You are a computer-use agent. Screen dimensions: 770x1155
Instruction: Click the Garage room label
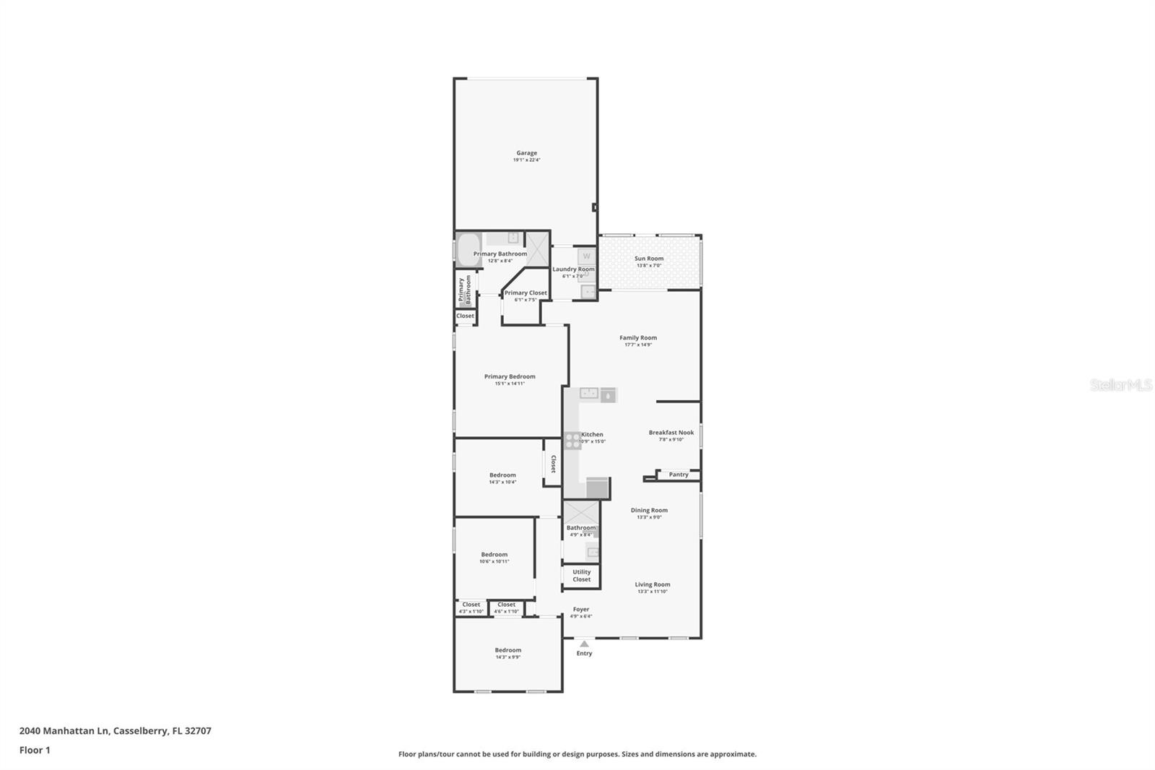tap(526, 153)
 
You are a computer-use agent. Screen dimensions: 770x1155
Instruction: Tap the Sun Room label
tap(649, 259)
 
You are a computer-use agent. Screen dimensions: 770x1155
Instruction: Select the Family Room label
tap(638, 338)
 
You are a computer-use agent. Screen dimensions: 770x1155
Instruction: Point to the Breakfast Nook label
tap(671, 433)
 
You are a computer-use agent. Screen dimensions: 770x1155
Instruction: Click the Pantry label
tap(679, 475)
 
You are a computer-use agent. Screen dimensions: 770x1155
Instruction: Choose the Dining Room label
tap(649, 510)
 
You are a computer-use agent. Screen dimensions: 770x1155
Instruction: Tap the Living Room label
tap(653, 584)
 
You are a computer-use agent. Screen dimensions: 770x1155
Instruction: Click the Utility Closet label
tap(581, 576)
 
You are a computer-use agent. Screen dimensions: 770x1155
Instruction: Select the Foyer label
tap(580, 610)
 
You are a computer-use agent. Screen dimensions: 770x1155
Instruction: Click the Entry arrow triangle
tap(584, 644)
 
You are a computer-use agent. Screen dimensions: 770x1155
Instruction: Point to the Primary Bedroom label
tap(510, 376)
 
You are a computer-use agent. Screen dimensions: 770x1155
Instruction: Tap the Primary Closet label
tap(526, 293)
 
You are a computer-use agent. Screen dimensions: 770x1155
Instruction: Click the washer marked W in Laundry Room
tap(586, 256)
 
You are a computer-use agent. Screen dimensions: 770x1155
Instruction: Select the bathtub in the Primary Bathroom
tap(468, 251)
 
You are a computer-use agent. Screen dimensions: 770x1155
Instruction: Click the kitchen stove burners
tap(572, 441)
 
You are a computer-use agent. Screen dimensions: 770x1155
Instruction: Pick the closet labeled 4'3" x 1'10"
tap(471, 607)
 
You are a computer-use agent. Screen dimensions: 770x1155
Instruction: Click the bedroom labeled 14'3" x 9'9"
tap(507, 653)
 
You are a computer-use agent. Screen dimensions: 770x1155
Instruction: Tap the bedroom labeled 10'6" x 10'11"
tap(494, 558)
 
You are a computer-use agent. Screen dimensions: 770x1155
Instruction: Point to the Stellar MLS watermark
tap(1120, 385)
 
